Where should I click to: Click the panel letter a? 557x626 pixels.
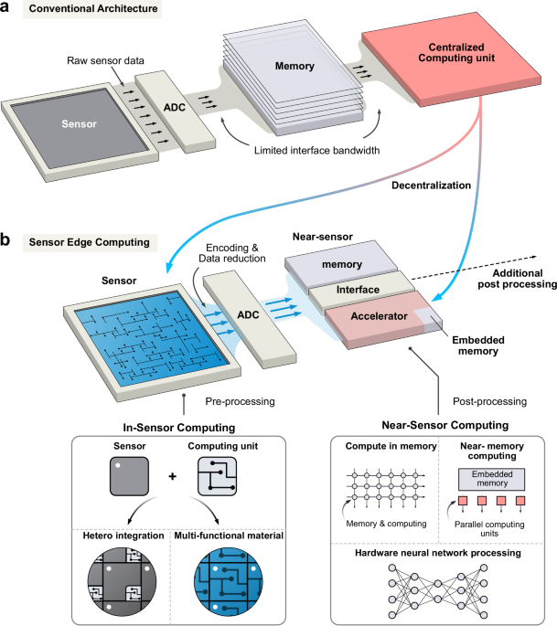click(9, 11)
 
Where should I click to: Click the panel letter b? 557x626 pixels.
click(9, 242)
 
